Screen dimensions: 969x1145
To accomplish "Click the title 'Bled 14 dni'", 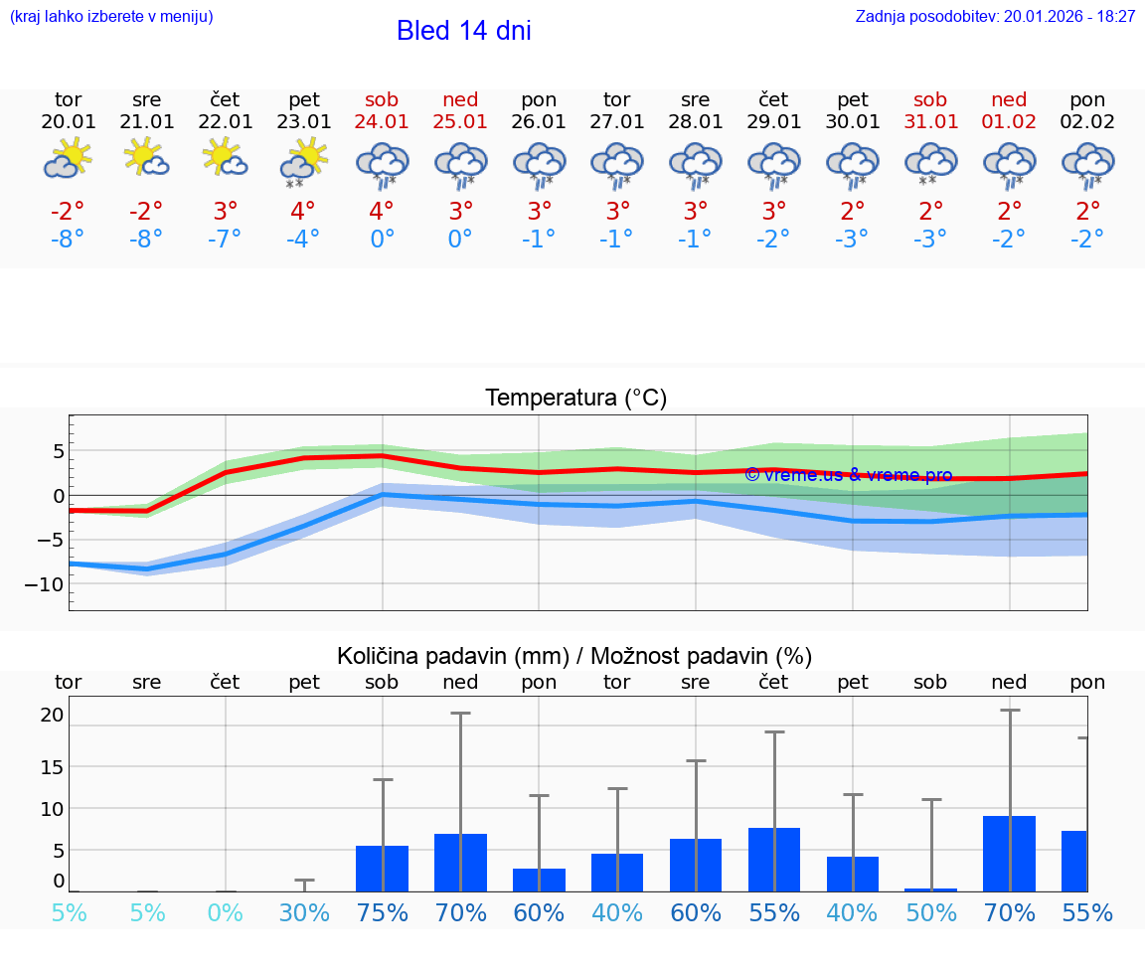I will [463, 31].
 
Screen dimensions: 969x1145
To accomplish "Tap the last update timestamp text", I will [995, 16].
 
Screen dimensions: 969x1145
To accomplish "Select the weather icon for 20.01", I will [68, 159].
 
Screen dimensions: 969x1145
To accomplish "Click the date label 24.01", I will [382, 122].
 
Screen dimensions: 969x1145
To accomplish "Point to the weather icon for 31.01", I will [931, 162].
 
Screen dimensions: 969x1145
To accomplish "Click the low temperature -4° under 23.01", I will [303, 240].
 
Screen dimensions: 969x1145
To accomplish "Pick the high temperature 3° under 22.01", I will [226, 212].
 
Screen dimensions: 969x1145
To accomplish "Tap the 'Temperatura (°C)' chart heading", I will [575, 399].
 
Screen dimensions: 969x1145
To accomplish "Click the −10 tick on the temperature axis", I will [45, 584].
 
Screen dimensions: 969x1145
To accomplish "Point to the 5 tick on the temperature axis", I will [59, 451].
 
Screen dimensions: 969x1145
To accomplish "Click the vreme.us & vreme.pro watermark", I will [848, 475].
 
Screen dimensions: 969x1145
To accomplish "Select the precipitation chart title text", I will [574, 656].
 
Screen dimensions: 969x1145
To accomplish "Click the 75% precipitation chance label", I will [383, 912].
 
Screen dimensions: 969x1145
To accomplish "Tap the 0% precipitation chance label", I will [226, 912].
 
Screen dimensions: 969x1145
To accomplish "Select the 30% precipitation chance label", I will [304, 912].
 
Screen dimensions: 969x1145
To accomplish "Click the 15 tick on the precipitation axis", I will [53, 766].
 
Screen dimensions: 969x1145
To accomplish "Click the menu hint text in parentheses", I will [111, 16].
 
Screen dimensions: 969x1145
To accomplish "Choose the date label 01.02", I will [1010, 122].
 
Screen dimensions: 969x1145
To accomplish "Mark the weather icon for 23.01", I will [303, 162].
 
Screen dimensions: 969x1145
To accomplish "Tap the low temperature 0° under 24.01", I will [382, 240].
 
